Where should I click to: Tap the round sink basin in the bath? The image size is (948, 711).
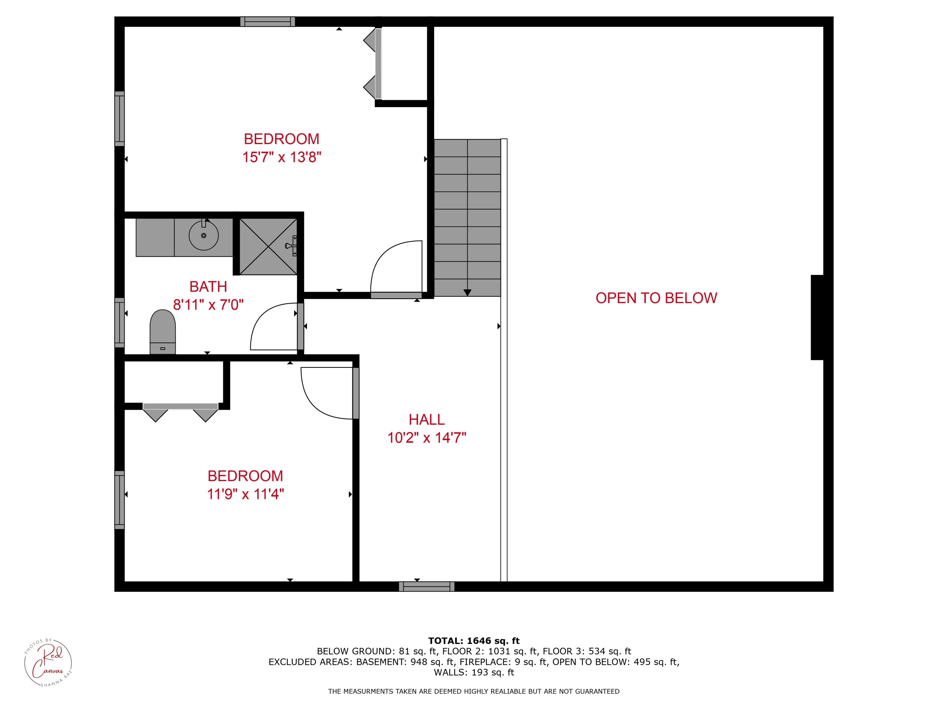click(204, 235)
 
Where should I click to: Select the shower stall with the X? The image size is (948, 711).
click(268, 246)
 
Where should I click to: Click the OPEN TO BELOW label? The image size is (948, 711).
click(656, 298)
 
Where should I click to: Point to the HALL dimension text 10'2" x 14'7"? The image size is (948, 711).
click(427, 438)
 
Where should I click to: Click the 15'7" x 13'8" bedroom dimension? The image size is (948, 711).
click(282, 157)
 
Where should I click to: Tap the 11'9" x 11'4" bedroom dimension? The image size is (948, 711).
click(246, 494)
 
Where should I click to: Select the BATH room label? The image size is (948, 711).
click(208, 286)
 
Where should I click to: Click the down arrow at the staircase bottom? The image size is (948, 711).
click(467, 292)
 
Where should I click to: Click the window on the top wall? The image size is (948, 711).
click(267, 21)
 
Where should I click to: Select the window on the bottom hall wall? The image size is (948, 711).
click(426, 586)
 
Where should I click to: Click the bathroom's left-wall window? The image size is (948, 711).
click(119, 322)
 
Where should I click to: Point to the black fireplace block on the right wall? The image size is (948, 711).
click(817, 317)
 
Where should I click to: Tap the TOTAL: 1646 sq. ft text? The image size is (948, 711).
click(474, 641)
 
